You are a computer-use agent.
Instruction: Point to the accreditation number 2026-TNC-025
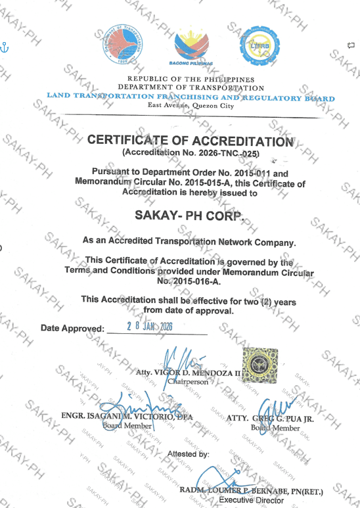click(223, 153)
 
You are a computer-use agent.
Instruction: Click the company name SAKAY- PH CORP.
click(189, 216)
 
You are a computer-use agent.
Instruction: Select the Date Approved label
click(72, 328)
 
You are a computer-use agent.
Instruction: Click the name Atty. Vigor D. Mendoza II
click(189, 372)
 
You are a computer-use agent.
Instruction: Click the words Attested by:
click(189, 453)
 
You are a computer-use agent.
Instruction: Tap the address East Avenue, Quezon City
click(191, 105)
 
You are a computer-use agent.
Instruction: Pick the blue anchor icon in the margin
click(4, 47)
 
